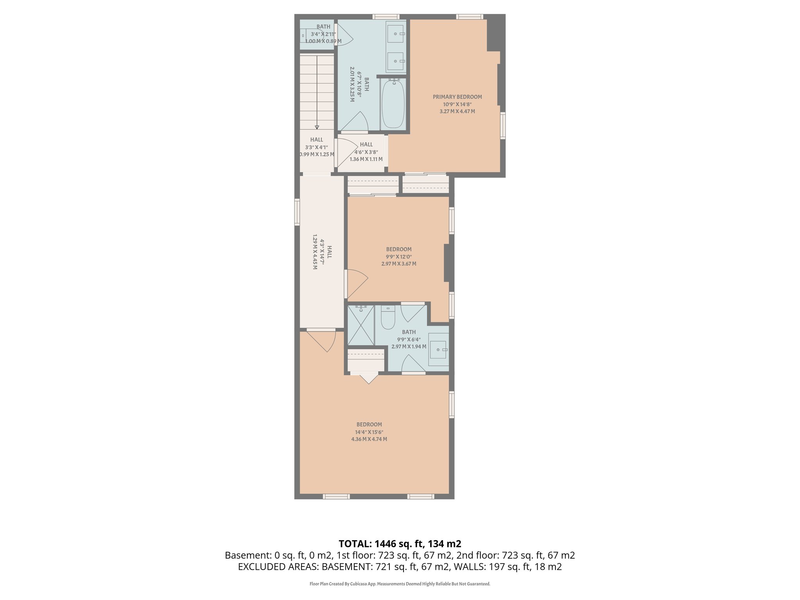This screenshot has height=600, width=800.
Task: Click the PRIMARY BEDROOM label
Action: pyautogui.click(x=457, y=97)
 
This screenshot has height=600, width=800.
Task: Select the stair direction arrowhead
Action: pyautogui.click(x=317, y=127)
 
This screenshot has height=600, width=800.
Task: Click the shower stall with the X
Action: pyautogui.click(x=361, y=325)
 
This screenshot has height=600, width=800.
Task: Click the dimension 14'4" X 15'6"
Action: pyautogui.click(x=369, y=432)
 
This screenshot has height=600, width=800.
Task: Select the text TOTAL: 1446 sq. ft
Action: pyautogui.click(x=400, y=544)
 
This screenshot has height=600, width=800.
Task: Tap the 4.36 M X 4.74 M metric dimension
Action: pyautogui.click(x=369, y=439)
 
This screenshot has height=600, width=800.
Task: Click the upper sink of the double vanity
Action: pyautogui.click(x=396, y=34)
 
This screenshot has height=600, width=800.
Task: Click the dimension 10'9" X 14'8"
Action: pyautogui.click(x=457, y=104)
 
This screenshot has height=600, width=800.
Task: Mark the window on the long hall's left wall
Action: pyautogui.click(x=297, y=212)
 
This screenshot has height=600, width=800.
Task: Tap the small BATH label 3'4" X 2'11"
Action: pyautogui.click(x=323, y=27)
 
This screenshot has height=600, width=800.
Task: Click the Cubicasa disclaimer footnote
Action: pyautogui.click(x=400, y=584)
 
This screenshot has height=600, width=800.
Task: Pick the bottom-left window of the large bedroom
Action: pyautogui.click(x=336, y=496)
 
